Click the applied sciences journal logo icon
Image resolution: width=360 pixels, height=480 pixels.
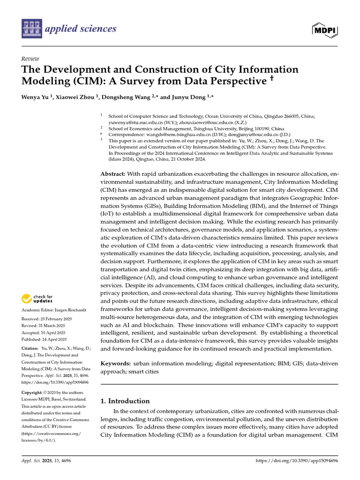31,29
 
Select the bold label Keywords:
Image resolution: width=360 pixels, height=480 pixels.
116,363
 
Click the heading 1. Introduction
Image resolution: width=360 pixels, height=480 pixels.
126,401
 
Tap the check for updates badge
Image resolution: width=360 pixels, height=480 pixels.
37,299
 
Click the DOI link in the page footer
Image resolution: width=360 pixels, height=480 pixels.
297,461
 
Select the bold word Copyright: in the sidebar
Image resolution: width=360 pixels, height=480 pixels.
33,392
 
